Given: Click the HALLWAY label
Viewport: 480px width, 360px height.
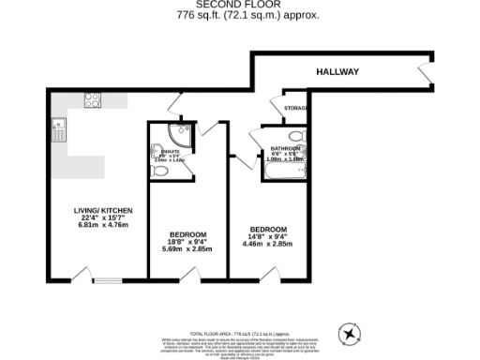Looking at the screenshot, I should tap(337, 71).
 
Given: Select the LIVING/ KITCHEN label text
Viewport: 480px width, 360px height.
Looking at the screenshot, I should tap(104, 209).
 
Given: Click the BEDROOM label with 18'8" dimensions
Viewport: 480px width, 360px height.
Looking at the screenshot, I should tap(187, 233).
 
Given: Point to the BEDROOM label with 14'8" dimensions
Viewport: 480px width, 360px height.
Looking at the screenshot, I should tap(267, 229).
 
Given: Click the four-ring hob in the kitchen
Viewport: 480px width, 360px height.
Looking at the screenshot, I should tap(93, 100).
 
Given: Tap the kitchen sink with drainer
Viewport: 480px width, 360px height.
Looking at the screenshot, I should tap(58, 129).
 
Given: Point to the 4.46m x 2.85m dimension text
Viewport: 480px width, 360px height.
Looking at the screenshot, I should tap(267, 245).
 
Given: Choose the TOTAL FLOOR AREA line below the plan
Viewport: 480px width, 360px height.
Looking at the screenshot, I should tap(239, 333).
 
